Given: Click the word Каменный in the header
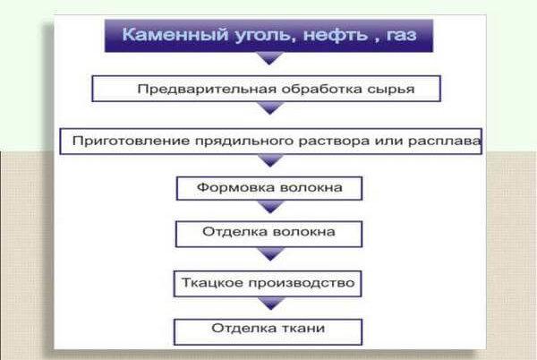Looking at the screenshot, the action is pos(175,35).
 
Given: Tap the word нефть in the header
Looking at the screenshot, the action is pos(336,35).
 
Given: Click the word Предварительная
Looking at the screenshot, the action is pos(207,89).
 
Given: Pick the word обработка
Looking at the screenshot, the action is pos(321,89).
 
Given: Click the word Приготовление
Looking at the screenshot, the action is pos(131,141).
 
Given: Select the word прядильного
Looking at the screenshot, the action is pos(243,141).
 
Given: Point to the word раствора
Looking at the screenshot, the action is pos(334,141).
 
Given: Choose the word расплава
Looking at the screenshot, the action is pos(444,141).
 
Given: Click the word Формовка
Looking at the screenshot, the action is pos(236,188).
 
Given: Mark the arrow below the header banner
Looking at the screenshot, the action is pos(269,58).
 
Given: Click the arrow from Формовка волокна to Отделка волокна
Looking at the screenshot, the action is pos(270,207).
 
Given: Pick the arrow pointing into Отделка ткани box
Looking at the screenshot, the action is pos(271,304).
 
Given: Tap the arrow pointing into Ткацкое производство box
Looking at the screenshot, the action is pos(270,253).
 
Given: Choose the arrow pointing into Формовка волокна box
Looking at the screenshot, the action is pos(270,160).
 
